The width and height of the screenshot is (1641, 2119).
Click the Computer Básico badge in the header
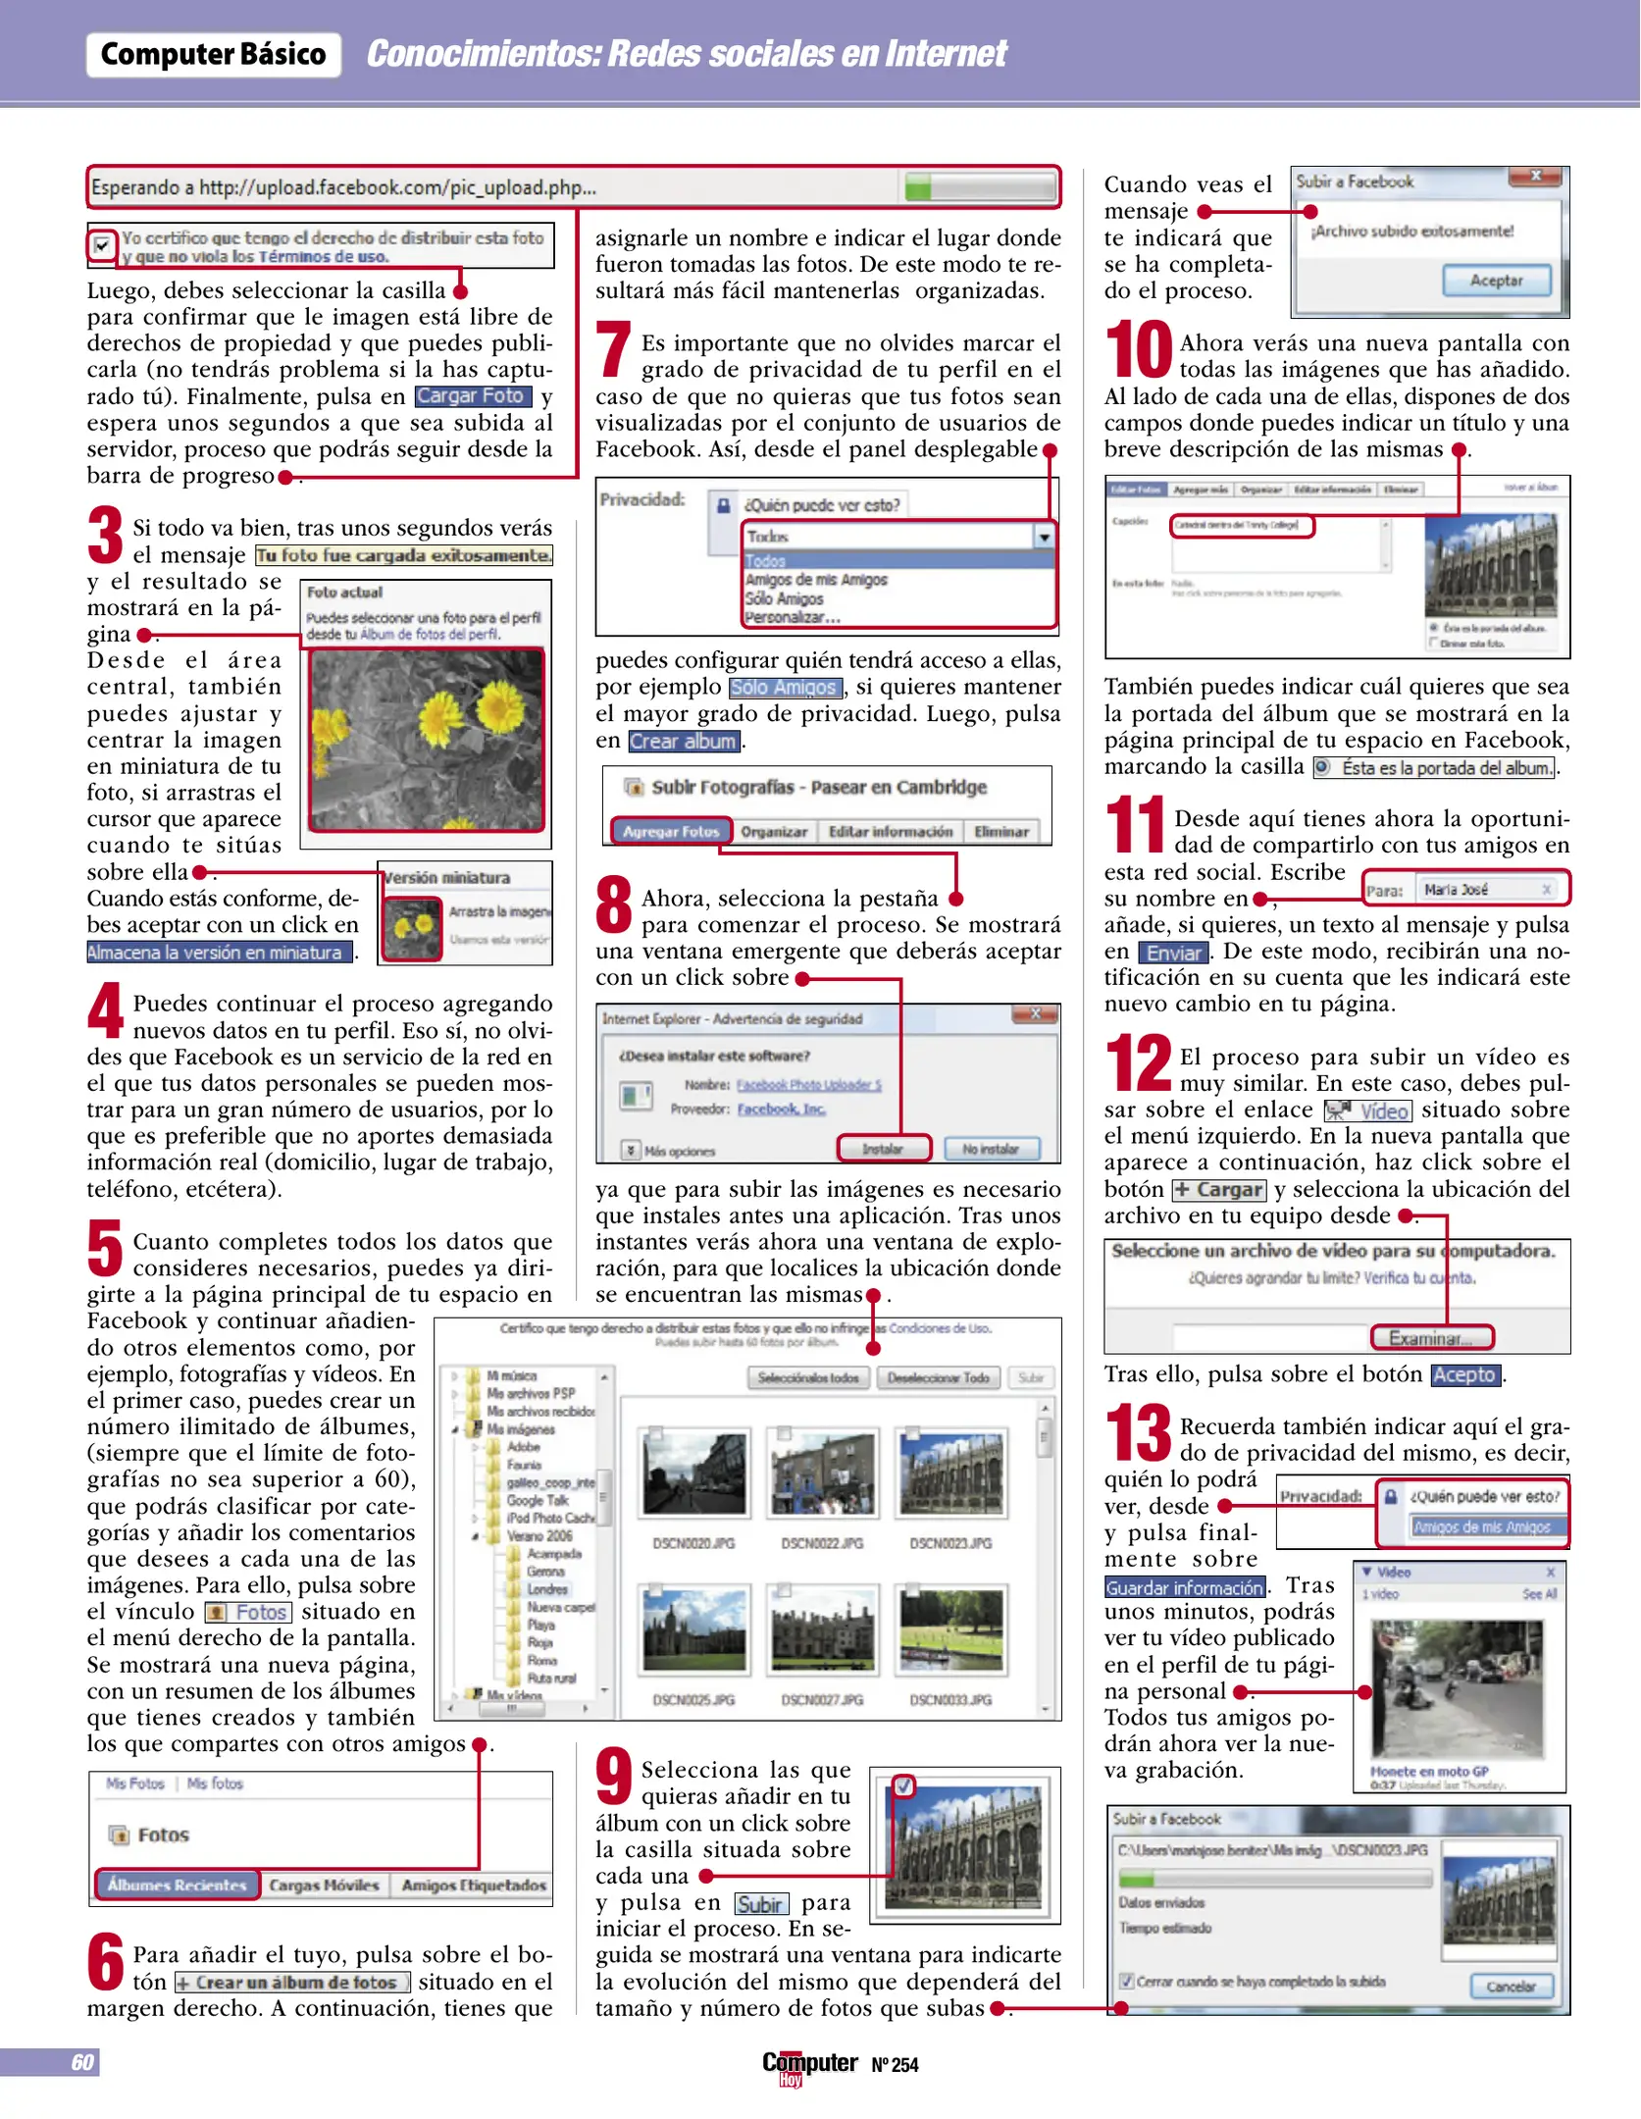click(x=213, y=54)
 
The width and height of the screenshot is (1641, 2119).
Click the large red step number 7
click(x=614, y=349)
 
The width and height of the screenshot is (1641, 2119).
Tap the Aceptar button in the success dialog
click(x=1496, y=281)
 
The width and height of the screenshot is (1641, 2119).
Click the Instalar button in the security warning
click(x=883, y=1149)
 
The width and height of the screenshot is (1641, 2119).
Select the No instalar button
click(x=990, y=1149)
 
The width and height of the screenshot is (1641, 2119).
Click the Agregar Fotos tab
click(x=671, y=831)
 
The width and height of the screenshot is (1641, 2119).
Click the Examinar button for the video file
click(x=1430, y=1338)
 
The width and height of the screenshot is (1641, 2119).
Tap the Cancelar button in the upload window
click(x=1511, y=1987)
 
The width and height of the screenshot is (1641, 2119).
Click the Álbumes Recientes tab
click(x=178, y=1885)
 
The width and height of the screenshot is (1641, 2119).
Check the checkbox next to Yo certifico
click(x=101, y=245)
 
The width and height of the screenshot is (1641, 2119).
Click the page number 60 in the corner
click(x=82, y=2062)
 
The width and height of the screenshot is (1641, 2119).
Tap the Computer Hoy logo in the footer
click(x=808, y=2065)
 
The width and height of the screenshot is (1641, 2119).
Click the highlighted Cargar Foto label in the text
click(x=471, y=396)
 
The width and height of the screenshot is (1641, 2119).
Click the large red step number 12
click(x=1138, y=1063)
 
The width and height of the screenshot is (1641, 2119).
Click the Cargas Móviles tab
click(x=324, y=1885)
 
